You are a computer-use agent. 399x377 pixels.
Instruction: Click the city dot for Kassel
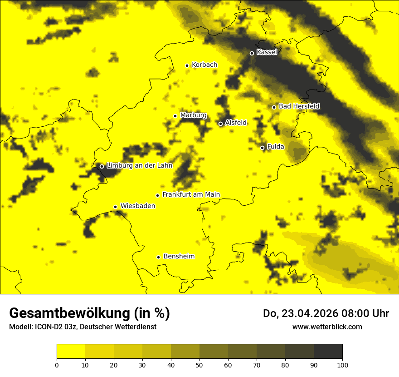(252, 53)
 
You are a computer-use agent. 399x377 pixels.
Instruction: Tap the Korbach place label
(204, 65)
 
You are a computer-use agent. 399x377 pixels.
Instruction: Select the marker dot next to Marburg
(175, 116)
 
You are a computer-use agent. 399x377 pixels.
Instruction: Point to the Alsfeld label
(236, 123)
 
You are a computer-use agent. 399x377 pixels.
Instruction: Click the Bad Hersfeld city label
(299, 106)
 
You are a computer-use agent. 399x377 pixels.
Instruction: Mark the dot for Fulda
(263, 148)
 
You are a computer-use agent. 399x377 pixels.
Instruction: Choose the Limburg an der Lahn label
(139, 166)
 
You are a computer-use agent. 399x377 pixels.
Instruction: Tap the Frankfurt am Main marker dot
(158, 195)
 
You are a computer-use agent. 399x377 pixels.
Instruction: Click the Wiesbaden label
(138, 206)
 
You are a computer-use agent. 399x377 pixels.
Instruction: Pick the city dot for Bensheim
(159, 257)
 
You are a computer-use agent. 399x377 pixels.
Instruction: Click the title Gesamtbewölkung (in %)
(89, 313)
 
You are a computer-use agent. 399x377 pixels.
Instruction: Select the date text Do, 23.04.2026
(300, 313)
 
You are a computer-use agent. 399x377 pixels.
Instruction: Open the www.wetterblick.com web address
(327, 327)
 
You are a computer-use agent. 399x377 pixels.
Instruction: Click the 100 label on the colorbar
(342, 364)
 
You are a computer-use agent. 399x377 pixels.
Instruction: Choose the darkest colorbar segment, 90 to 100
(328, 351)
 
